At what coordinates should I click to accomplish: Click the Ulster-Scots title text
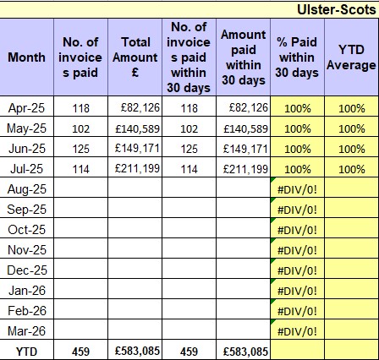337,10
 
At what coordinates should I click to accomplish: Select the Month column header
26,57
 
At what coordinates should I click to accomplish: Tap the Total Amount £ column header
135,57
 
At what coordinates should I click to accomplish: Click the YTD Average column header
351,57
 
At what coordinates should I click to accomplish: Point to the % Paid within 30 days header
297,57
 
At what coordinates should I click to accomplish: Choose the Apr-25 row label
26,108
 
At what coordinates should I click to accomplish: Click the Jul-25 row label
26,169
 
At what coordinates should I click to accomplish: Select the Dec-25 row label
27,270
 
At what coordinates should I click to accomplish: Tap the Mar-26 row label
26,331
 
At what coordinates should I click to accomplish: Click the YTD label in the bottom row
26,352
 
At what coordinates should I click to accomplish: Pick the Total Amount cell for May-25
138,128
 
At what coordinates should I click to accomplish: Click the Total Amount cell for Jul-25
138,169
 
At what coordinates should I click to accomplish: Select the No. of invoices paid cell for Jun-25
80,149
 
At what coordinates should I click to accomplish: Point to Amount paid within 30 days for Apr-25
249,107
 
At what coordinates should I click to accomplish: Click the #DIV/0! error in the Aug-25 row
297,189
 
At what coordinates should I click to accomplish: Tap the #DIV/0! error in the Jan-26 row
297,291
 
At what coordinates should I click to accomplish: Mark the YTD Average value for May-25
352,129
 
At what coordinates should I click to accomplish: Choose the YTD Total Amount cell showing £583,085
138,351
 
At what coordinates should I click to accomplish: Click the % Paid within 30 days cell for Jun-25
298,150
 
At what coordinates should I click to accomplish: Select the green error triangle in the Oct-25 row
272,220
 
